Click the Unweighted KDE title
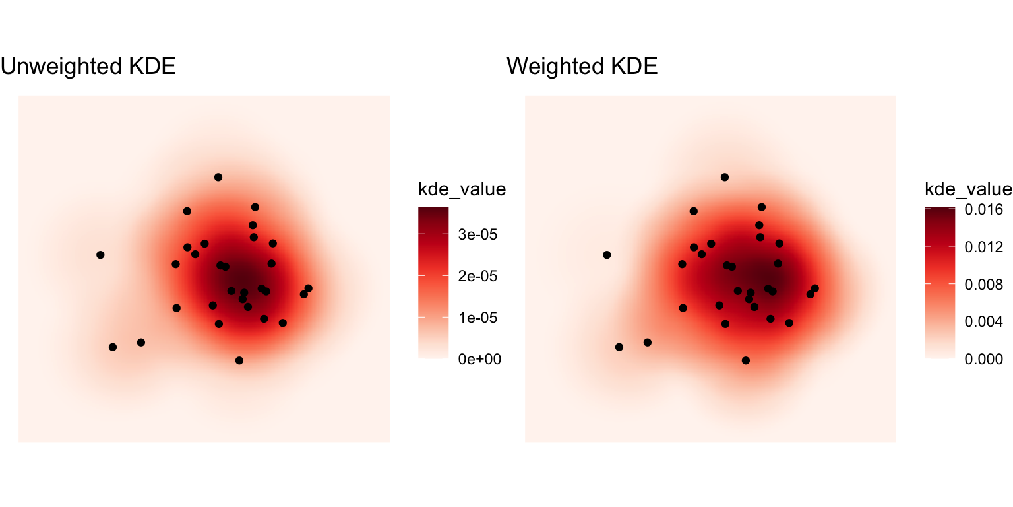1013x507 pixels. [88, 67]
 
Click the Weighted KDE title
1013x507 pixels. [582, 67]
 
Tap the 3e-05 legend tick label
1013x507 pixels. [477, 234]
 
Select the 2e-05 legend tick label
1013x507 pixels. [477, 276]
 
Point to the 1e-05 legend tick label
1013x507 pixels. [477, 318]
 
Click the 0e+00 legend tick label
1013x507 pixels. [479, 359]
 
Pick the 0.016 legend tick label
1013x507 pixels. [983, 209]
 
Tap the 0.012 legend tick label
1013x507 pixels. [983, 247]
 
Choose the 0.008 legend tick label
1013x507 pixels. [983, 285]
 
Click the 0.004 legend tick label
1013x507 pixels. [983, 321]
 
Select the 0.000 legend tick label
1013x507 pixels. [983, 359]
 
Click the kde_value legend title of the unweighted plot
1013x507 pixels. [462, 189]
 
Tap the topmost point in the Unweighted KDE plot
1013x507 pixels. [218, 177]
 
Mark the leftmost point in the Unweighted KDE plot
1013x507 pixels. [100, 255]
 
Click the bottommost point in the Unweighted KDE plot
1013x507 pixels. [239, 360]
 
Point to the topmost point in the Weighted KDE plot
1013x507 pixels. [725, 177]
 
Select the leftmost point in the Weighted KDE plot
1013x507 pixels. [607, 255]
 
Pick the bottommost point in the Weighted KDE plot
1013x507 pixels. [746, 360]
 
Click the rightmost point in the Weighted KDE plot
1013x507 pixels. [814, 288]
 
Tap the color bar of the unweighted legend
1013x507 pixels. [433, 283]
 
